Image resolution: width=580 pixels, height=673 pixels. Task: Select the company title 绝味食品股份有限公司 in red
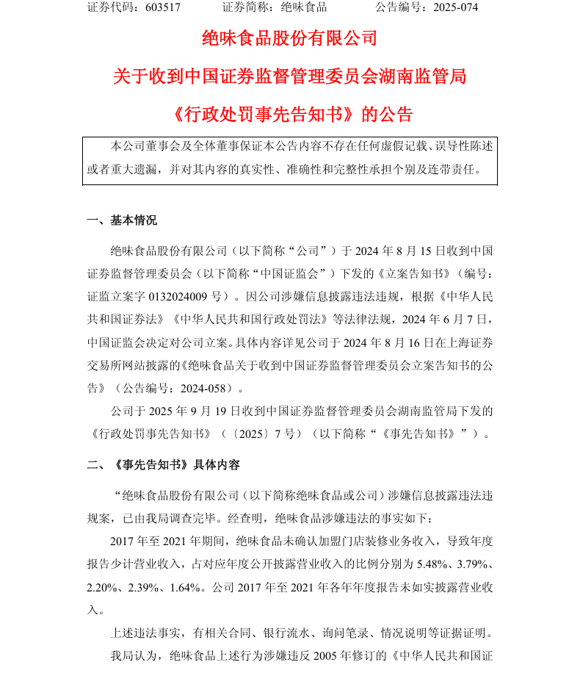pyautogui.click(x=289, y=38)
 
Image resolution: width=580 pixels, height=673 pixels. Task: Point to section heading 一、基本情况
pyautogui.click(x=121, y=220)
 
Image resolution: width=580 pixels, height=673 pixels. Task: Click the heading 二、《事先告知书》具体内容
pyautogui.click(x=163, y=465)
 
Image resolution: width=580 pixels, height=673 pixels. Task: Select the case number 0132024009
pyautogui.click(x=179, y=298)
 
